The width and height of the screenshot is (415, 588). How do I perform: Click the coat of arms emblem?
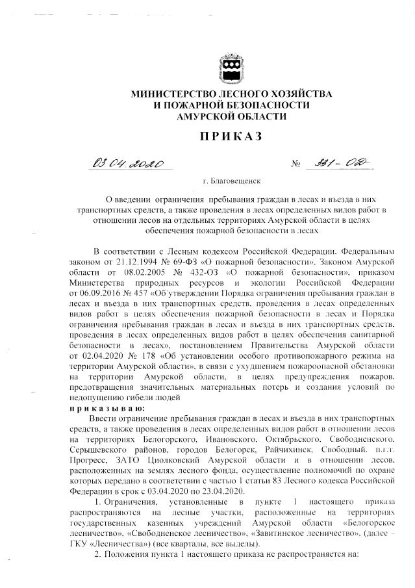coord(231,68)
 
